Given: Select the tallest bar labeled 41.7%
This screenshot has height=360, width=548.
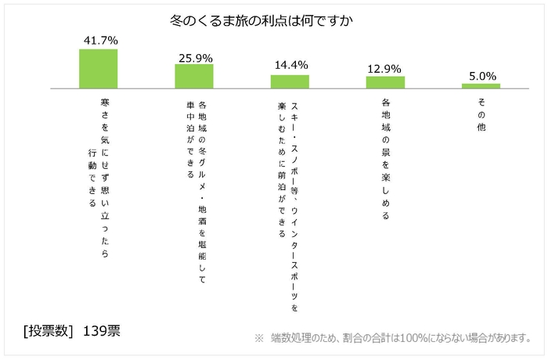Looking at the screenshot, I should tap(98, 68).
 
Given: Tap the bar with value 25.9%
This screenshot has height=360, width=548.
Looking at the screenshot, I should tap(193, 76).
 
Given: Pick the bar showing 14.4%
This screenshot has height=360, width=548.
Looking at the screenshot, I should tap(290, 81).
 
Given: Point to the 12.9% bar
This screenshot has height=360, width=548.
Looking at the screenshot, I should tap(385, 81).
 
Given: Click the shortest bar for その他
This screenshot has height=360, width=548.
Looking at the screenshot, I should tap(481, 85).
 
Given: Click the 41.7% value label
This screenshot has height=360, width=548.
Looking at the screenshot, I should tap(99, 40).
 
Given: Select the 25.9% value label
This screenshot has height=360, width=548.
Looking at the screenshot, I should tap(194, 56).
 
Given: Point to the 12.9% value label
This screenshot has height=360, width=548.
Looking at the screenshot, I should tap(385, 67).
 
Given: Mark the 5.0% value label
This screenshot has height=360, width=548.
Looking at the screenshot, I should tap(481, 75).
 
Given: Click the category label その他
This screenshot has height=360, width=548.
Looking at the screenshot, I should tap(481, 114).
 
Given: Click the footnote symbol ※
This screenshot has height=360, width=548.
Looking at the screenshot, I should tap(259, 338).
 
